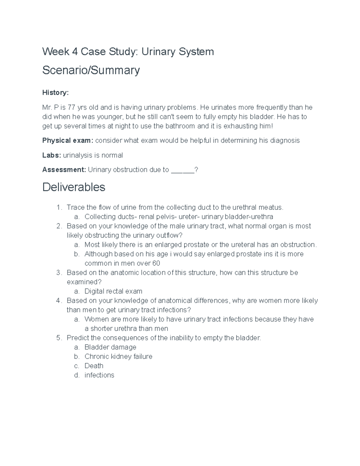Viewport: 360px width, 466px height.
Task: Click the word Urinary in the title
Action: pos(158,52)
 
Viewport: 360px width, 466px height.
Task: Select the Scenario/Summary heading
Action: pos(91,70)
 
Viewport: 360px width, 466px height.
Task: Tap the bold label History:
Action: pos(55,93)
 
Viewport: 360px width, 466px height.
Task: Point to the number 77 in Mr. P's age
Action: pos(71,107)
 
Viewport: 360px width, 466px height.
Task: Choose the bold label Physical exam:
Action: pos(68,140)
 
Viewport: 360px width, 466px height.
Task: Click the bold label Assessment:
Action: pos(64,170)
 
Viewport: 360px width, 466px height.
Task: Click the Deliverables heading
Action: pos(74,187)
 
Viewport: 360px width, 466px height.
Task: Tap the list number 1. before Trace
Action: pos(59,207)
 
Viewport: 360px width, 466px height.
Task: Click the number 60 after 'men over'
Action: pos(156,263)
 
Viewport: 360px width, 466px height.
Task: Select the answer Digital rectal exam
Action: pos(113,291)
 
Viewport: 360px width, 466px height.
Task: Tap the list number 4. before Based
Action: pos(59,301)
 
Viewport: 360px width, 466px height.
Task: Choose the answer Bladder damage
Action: pos(110,347)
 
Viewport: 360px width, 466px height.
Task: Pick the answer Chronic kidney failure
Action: pos(118,356)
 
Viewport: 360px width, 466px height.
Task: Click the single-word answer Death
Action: pos(94,366)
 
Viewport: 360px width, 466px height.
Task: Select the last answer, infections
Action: pos(99,375)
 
